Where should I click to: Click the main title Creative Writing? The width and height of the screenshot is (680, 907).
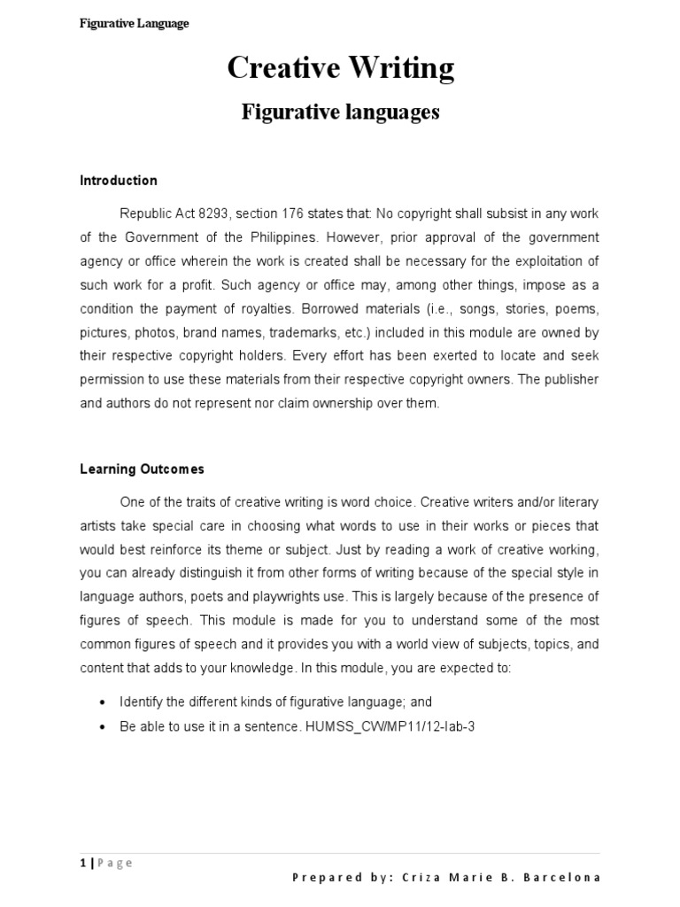341,68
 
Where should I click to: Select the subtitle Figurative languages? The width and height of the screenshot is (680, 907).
341,113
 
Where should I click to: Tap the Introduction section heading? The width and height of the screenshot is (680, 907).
119,181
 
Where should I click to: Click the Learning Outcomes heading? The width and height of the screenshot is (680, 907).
142,469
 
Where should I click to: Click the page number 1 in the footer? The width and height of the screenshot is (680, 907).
82,863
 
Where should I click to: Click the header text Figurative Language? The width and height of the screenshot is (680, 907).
134,24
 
